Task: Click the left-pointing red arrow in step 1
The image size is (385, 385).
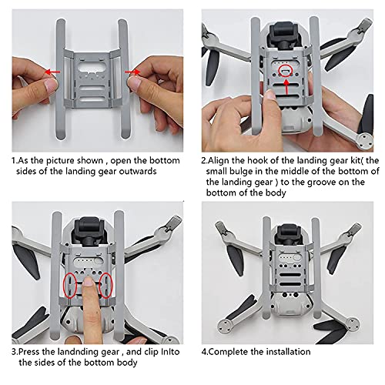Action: tap(53, 72)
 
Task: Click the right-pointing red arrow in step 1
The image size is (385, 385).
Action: tap(133, 72)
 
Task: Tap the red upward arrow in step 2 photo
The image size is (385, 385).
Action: tap(286, 86)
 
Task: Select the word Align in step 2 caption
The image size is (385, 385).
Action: tap(222, 159)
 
